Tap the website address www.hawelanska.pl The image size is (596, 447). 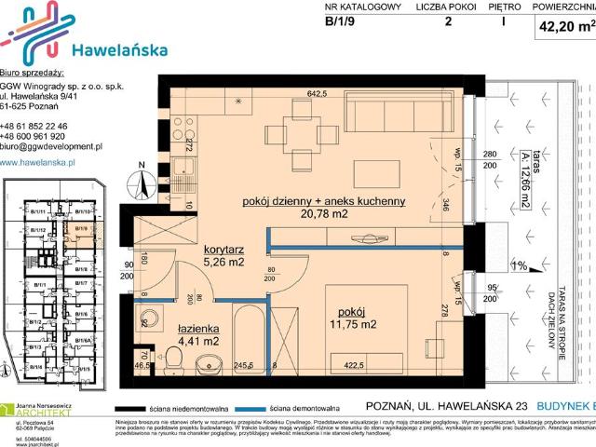(43, 162)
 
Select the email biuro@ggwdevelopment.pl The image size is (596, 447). (51, 147)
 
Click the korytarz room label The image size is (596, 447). (223, 250)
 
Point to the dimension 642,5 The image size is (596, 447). (320, 93)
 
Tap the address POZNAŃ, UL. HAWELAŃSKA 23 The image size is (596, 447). (446, 407)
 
